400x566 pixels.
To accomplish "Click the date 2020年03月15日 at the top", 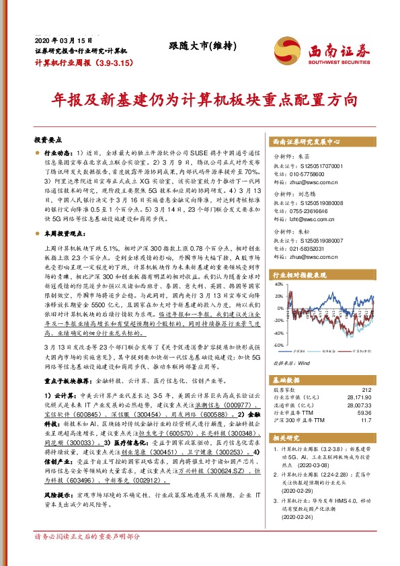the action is pos(59,40).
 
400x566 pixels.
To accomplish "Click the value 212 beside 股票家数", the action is pos(366,391).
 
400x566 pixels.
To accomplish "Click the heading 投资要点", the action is pos(48,140).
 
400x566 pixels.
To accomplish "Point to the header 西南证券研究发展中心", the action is pos(307,143).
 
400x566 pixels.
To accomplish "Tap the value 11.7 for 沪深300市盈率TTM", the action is pos(366,421).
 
